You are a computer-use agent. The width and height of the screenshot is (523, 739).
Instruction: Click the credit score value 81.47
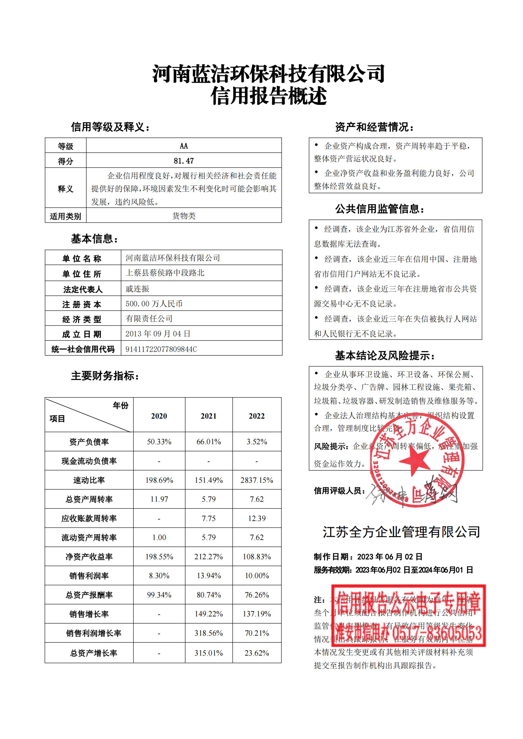184,161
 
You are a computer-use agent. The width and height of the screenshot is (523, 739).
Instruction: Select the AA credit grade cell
184,146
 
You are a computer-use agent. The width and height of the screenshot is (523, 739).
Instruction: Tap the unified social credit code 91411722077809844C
161,349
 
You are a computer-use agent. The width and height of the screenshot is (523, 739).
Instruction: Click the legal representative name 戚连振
138,289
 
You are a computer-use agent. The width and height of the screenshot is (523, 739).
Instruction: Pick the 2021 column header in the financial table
208,416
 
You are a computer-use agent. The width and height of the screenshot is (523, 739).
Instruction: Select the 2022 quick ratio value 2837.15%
257,480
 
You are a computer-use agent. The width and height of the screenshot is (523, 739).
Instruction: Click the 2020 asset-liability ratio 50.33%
159,442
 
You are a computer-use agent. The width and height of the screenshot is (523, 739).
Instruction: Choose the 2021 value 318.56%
208,633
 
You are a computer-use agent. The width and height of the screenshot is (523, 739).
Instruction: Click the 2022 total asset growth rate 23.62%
257,653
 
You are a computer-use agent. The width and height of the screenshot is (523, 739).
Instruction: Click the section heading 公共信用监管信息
380,209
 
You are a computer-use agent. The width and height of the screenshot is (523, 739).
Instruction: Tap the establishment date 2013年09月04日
158,334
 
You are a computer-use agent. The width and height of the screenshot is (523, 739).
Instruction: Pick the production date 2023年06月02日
390,557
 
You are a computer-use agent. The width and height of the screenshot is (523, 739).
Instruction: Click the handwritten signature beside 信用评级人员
412,493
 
